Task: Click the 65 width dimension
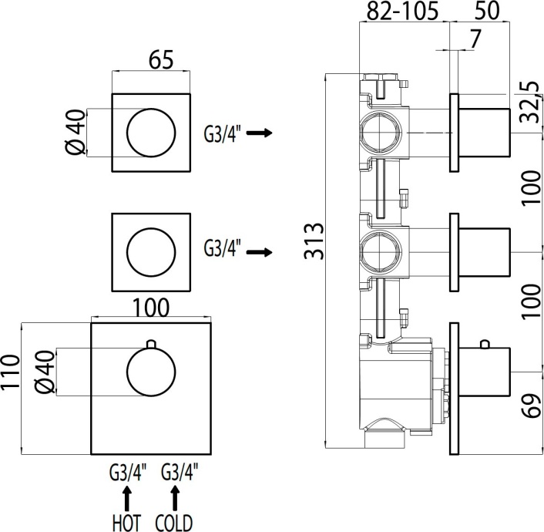coord(152,59)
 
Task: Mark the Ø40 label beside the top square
coord(75,132)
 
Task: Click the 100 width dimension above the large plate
coord(152,306)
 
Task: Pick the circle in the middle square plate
coord(151,251)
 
